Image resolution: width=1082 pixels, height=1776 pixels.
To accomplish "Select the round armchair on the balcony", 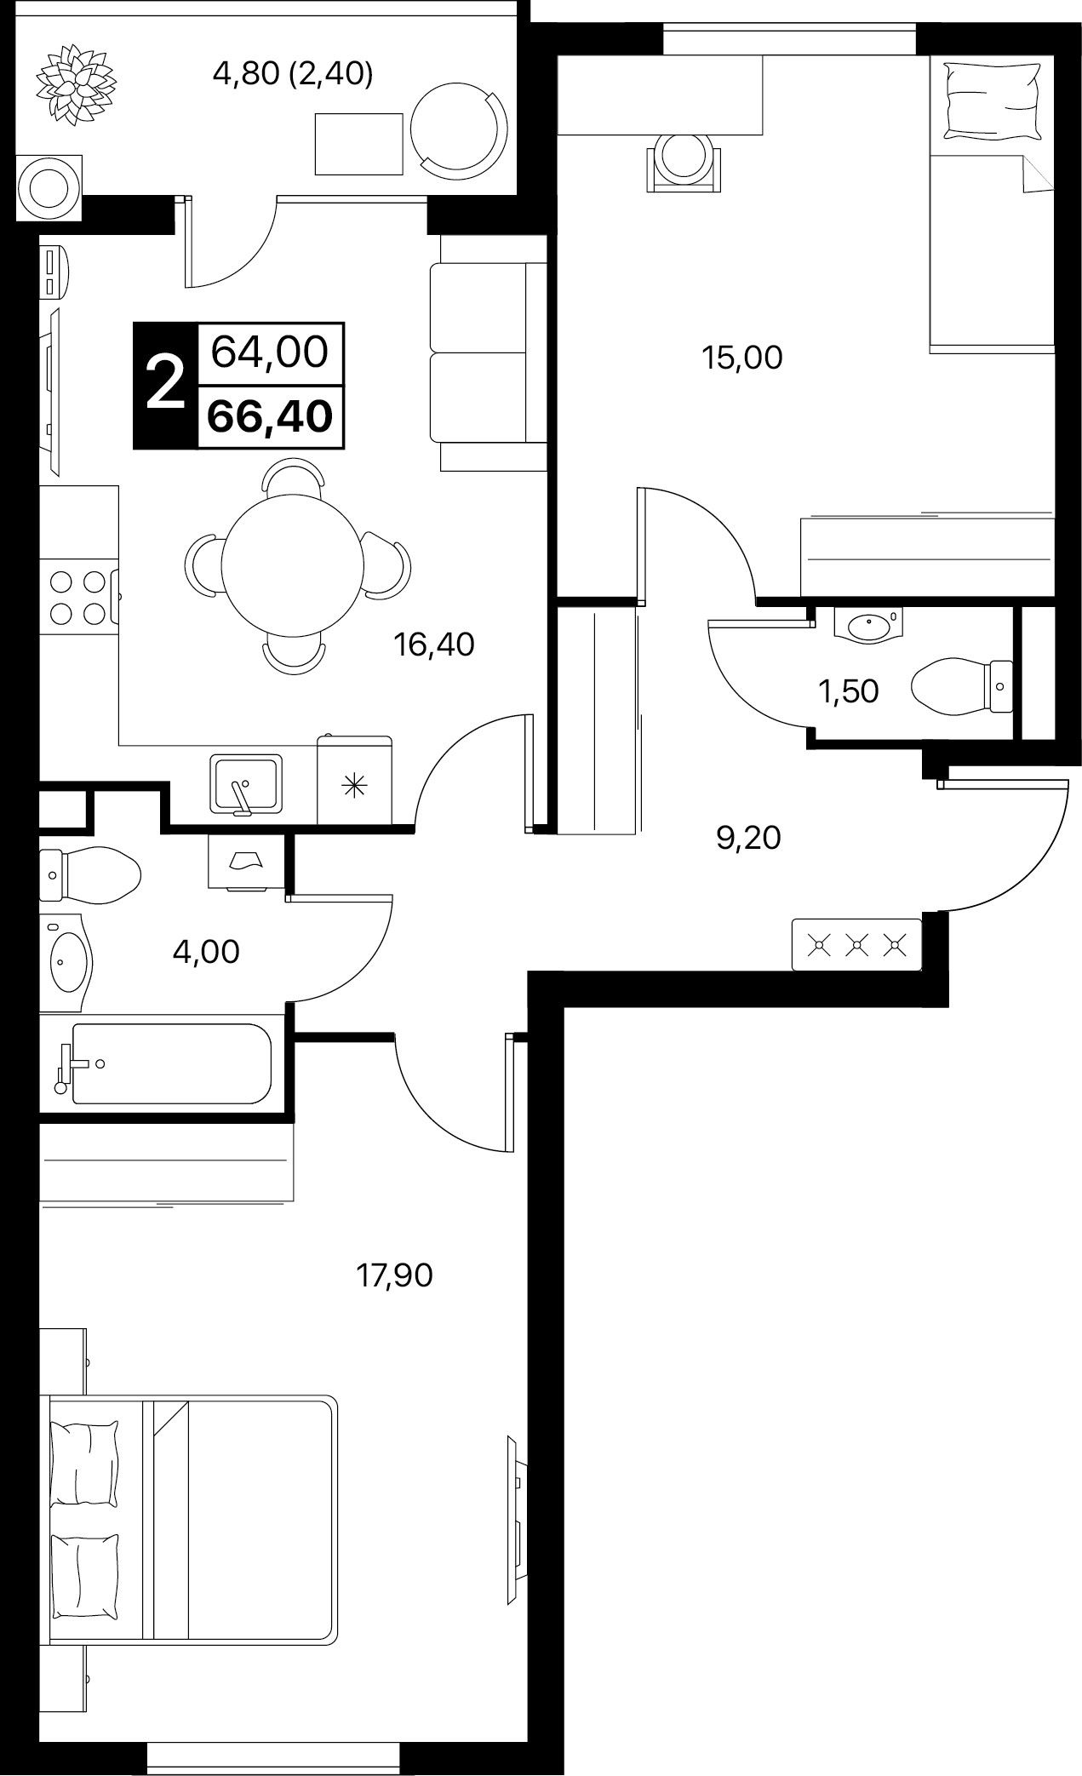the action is coord(458,130).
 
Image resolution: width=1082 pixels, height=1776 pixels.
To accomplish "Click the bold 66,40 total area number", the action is coord(270,416).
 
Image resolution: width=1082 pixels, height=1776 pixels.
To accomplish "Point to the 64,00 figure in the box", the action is coord(270,352).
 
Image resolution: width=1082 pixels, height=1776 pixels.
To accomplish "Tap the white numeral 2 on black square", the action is coord(165,384).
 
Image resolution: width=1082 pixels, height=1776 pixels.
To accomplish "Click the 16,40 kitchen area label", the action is coord(433,644).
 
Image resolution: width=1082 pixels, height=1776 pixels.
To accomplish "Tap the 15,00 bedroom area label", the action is coord(741,358).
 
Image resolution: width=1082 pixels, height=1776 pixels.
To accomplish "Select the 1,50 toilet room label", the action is coord(848,691).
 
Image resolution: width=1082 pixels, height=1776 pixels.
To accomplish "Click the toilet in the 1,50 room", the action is coord(962,685).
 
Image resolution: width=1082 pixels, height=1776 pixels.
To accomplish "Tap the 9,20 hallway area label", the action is coord(748,839).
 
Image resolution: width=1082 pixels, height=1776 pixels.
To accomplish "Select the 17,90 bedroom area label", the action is coord(394,1275).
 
